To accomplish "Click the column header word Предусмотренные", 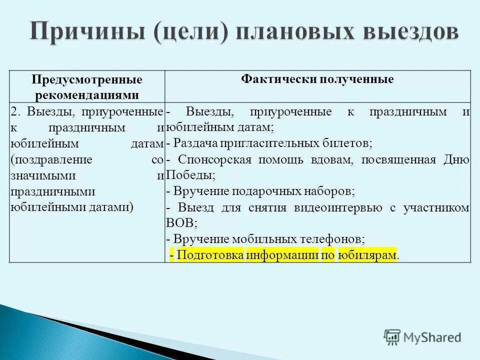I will [x=87, y=80].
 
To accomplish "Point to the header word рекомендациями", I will [x=87, y=94].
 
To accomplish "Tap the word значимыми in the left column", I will [x=43, y=176].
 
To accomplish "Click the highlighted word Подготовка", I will [x=210, y=255].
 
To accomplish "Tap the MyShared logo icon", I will [x=391, y=337].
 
